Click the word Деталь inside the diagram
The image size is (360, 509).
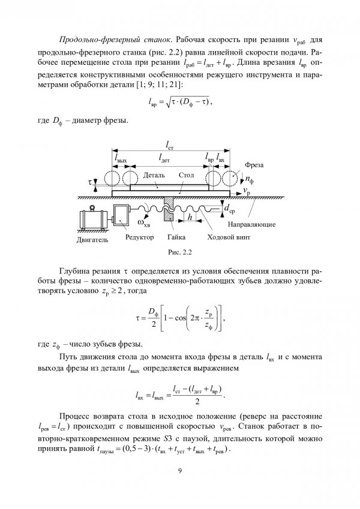(x=147, y=176)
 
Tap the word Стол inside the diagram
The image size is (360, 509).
(x=186, y=176)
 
